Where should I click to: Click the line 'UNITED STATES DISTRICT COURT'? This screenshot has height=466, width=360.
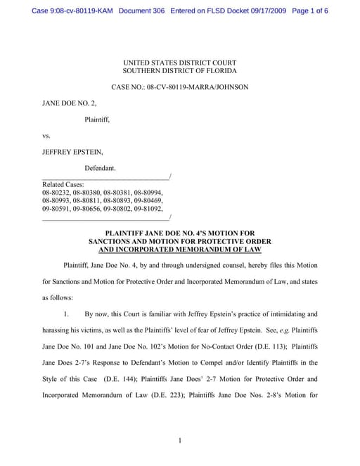click(179, 63)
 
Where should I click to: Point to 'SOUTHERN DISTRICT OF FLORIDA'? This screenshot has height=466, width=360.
click(179, 71)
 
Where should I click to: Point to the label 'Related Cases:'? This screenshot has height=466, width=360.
click(63, 184)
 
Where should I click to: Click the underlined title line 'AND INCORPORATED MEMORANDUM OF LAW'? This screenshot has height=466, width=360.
click(180, 250)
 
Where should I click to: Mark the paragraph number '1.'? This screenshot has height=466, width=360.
click(68, 314)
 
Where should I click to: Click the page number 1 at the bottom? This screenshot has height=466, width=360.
click(180, 441)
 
